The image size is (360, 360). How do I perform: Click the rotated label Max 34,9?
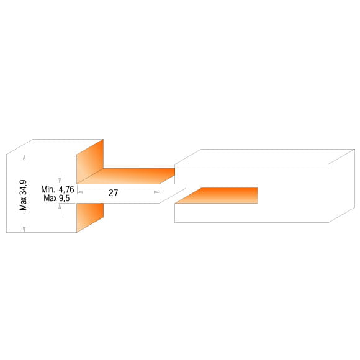pyautogui.click(x=23, y=195)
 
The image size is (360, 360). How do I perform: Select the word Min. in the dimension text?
pyautogui.click(x=48, y=189)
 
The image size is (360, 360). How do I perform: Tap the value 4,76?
pyautogui.click(x=66, y=190)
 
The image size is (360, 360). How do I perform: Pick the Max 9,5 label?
pyautogui.click(x=56, y=198)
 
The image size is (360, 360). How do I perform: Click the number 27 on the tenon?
pyautogui.click(x=113, y=193)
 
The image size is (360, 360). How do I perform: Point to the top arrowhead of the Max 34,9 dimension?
pyautogui.click(x=24, y=157)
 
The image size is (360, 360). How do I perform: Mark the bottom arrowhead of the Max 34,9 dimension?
pyautogui.click(x=24, y=230)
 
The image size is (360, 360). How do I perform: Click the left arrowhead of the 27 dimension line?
pyautogui.click(x=79, y=192)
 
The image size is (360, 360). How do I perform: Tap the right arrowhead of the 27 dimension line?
pyautogui.click(x=156, y=192)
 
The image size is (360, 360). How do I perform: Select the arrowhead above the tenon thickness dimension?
pyautogui.click(x=60, y=181)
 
